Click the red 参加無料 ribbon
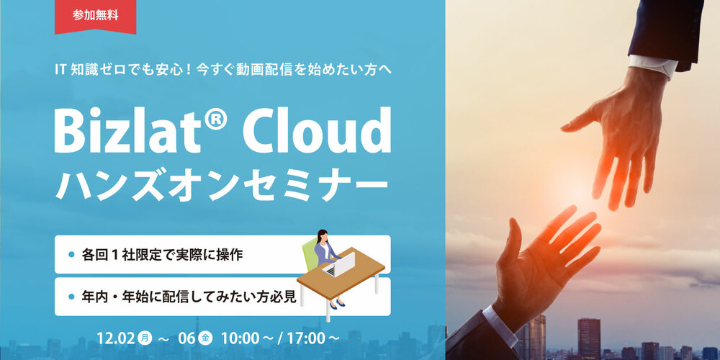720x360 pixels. pos(96,17)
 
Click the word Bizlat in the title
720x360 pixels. pos(127,130)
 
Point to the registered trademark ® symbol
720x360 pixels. pos(215,120)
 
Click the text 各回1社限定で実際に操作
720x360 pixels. pos(162,255)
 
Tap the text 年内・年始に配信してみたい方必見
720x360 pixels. pos(189,297)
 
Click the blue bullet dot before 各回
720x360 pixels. pos(71,255)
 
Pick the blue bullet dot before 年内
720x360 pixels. pos(71,297)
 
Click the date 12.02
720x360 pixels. pos(116,339)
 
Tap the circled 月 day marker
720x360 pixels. pos(145,339)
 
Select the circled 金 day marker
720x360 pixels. pos(205,339)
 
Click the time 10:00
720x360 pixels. pos(240,339)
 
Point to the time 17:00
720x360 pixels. pos(306,339)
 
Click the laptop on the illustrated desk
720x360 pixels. pos(341,265)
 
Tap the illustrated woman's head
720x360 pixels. pos(323,235)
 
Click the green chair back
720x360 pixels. pos(310,256)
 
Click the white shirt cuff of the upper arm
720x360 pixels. pos(654,66)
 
